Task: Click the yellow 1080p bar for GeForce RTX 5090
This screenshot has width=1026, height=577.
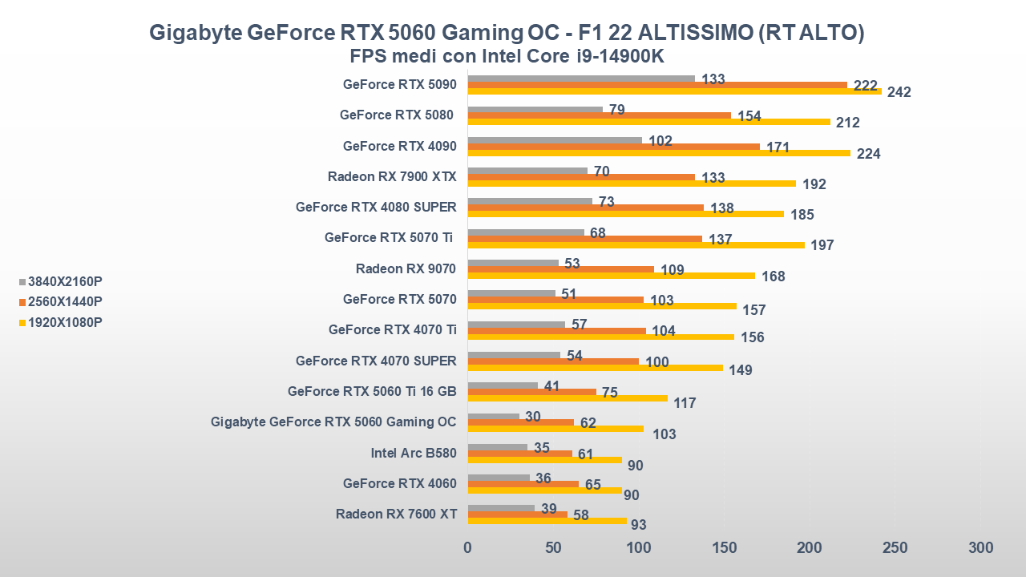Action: [673, 91]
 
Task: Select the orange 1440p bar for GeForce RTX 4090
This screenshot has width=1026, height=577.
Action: [613, 147]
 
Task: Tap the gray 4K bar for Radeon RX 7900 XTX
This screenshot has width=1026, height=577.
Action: [527, 171]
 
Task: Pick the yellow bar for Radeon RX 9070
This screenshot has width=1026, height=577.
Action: [611, 276]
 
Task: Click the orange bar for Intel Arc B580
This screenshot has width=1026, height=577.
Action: [519, 454]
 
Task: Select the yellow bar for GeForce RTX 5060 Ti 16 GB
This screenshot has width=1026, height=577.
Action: [567, 398]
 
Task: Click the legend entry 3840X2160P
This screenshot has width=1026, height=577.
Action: [65, 281]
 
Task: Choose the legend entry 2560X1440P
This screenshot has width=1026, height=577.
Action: [65, 302]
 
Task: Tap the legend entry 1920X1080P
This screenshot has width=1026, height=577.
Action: [65, 322]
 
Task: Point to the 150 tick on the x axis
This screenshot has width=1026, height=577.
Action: [724, 548]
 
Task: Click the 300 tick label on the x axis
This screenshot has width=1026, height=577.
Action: [980, 548]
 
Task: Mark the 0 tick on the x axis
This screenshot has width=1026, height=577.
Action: [467, 548]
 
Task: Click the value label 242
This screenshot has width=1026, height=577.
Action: [899, 92]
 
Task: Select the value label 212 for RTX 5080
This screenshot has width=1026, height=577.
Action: [847, 123]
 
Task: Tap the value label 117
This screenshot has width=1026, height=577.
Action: [685, 403]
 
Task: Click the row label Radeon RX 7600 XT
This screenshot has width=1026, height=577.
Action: [396, 514]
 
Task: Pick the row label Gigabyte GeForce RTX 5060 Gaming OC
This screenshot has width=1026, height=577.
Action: [333, 422]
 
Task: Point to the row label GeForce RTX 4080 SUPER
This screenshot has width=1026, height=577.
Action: [376, 207]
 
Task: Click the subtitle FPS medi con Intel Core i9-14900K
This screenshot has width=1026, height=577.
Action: [507, 56]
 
